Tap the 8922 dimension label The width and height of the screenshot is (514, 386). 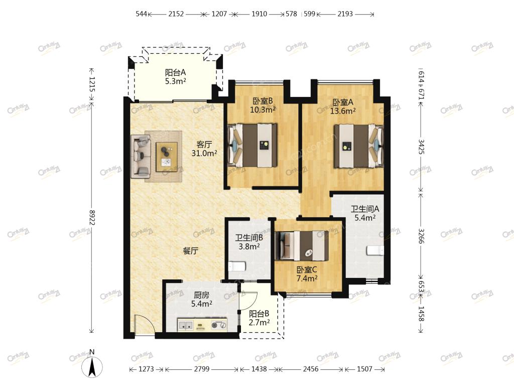point(92,218)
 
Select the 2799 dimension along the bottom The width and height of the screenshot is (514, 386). point(202,369)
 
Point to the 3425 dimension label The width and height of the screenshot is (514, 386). point(421,147)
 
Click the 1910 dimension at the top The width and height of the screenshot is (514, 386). point(259,14)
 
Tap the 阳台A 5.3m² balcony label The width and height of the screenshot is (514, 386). point(175,76)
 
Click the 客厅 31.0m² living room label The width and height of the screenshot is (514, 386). point(204,149)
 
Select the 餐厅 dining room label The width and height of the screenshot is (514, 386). point(190,251)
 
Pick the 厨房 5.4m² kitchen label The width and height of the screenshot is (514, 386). point(201,300)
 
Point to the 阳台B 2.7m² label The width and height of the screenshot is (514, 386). point(259,318)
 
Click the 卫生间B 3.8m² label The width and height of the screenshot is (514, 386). point(249,242)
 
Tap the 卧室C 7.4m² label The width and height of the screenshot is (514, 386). point(307,274)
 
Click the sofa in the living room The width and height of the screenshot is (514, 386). point(141,156)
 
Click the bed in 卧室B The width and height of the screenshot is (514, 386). point(252,145)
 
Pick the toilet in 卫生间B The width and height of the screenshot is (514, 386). point(237,266)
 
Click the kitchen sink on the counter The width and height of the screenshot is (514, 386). point(186,325)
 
